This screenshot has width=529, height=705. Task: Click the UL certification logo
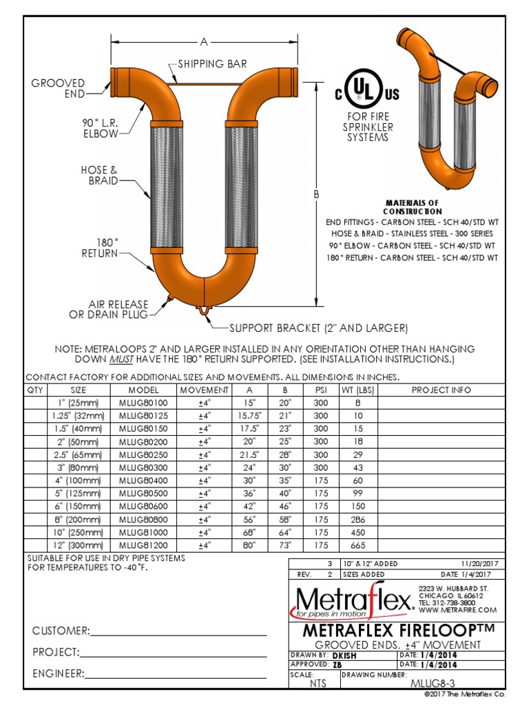point(367,94)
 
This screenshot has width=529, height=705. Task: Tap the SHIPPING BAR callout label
point(212,64)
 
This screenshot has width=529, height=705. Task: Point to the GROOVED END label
point(58,88)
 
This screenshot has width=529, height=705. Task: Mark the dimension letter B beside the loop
point(316,195)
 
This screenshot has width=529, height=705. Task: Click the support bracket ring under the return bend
point(204,311)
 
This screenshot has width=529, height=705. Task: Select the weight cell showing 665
point(356,545)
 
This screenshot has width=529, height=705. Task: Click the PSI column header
point(321,390)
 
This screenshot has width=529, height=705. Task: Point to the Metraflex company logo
point(351,601)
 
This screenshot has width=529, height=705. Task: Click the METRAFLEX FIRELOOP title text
point(398,631)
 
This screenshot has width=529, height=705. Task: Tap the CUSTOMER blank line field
point(178,631)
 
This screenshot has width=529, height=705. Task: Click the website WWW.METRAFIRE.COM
point(457,610)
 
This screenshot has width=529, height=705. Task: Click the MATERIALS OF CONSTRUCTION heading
point(412,207)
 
